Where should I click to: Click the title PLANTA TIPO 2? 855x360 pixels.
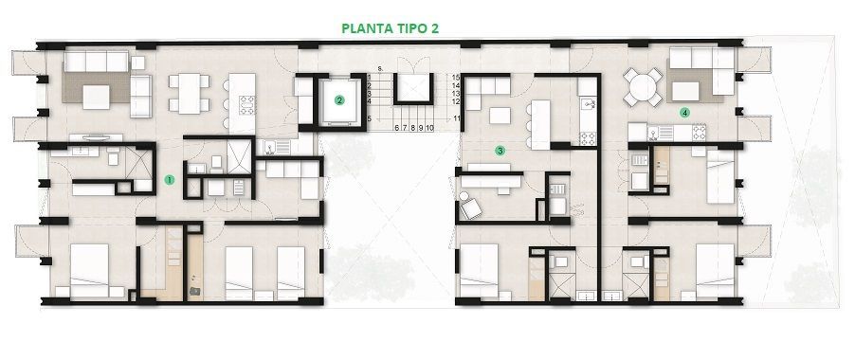click(x=390, y=28)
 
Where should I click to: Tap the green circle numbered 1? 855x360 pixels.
click(x=170, y=179)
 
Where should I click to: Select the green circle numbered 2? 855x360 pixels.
click(x=339, y=100)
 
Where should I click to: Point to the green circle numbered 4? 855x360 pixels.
click(x=684, y=113)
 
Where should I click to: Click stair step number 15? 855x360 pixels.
click(x=456, y=78)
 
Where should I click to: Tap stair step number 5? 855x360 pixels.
click(x=369, y=118)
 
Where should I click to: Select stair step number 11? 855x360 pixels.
click(x=456, y=118)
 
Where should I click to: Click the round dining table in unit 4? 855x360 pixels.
click(x=644, y=86)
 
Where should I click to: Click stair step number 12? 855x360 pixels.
click(x=456, y=101)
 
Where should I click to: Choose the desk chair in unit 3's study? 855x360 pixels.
click(x=469, y=207)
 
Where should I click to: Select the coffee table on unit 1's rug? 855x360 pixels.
click(x=96, y=98)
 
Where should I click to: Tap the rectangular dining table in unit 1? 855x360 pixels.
click(x=189, y=94)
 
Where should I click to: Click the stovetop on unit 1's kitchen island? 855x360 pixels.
click(x=246, y=104)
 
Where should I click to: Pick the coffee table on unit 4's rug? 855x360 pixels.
click(x=685, y=91)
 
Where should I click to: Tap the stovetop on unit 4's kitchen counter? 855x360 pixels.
click(x=699, y=132)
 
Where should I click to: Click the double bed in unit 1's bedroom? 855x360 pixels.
click(x=89, y=270)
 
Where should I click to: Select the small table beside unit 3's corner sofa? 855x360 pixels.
click(x=500, y=116)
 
